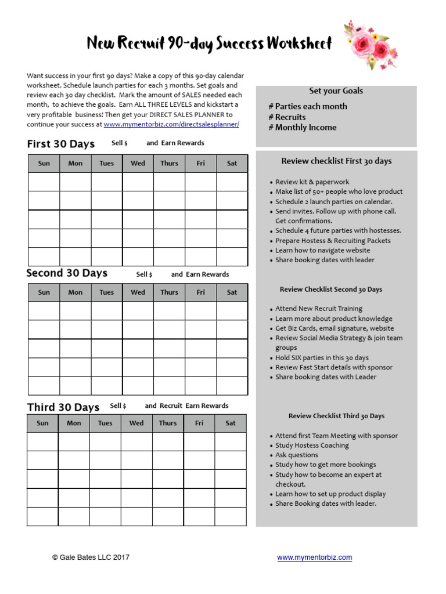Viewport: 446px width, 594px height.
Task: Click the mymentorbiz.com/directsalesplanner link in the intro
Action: pos(171,124)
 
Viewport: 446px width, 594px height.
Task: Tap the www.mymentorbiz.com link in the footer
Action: pos(314,557)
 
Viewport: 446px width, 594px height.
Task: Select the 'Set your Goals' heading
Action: pos(336,91)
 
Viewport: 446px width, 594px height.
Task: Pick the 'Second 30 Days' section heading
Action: pos(67,273)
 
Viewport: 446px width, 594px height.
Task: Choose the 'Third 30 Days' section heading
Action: pos(63,407)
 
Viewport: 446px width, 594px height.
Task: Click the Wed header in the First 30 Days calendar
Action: pos(138,164)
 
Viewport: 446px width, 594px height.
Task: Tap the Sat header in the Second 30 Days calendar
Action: pos(232,292)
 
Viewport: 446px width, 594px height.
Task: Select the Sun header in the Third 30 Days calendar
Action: pos(42,423)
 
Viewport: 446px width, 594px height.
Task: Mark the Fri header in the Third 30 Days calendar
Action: pos(199,423)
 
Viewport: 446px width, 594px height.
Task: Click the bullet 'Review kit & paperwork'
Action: pos(312,182)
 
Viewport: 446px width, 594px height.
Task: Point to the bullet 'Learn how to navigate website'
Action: pos(322,251)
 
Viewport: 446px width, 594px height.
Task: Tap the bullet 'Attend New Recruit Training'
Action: pos(318,309)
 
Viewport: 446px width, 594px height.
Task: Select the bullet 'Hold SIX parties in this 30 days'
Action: pos(322,358)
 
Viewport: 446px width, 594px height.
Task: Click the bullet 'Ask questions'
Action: pos(296,455)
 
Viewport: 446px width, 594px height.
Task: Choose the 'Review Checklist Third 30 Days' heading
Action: pos(336,416)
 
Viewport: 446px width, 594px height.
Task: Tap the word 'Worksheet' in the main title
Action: pos(301,44)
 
